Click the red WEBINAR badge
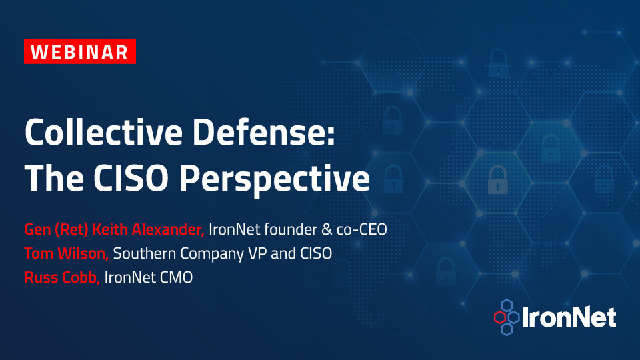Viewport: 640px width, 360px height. [80, 51]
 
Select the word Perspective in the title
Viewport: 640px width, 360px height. [275, 179]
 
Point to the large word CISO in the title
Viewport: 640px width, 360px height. [131, 179]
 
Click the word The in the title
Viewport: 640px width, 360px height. [54, 178]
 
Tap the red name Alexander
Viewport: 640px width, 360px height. [168, 229]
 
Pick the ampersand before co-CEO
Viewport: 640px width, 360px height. [327, 230]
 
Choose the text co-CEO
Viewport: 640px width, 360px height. [361, 230]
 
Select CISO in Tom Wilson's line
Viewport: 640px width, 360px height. [316, 253]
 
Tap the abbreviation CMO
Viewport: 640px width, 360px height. [176, 277]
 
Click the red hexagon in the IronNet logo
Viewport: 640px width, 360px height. [500, 317]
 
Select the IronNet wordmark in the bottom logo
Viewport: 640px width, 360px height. [569, 317]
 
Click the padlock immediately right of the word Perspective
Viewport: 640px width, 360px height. [393, 179]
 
